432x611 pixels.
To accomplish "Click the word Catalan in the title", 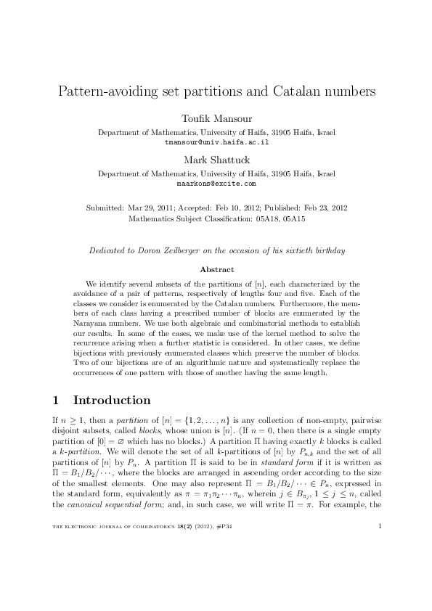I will coord(297,92).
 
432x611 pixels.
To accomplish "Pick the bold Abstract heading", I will coord(216,268).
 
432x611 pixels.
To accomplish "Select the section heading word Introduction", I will coord(112,401).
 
